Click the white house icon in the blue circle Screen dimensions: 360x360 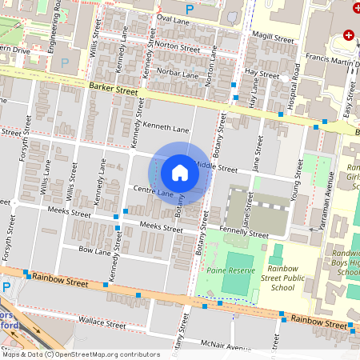[x=180, y=172]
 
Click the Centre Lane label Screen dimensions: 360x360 [x=153, y=191]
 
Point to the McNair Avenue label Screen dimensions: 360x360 [x=226, y=346]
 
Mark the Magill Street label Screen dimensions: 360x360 [x=272, y=37]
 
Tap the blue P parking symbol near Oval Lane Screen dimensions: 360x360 [x=190, y=9]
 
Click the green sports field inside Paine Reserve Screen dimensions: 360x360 [x=236, y=274]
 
